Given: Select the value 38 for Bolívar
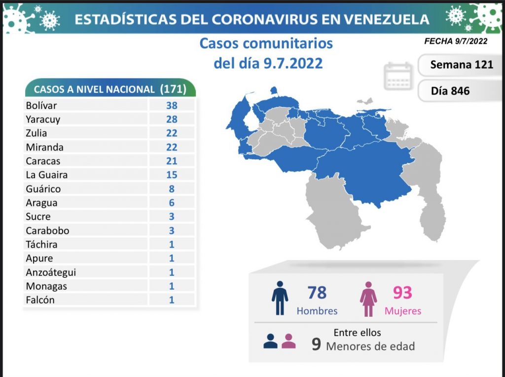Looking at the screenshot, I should (x=172, y=105).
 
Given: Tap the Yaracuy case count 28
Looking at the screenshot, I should (x=172, y=119).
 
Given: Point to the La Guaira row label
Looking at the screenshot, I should (x=47, y=175).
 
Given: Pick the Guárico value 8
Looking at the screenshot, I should (x=172, y=188).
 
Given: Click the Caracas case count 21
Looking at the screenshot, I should (x=172, y=161).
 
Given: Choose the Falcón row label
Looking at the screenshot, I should (x=40, y=300).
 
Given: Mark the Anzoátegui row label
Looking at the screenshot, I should (x=51, y=272).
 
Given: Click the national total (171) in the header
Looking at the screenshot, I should (x=173, y=89).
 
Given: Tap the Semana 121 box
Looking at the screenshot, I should (x=461, y=65).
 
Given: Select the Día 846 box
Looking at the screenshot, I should (x=450, y=91).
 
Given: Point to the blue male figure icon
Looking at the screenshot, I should (x=280, y=298).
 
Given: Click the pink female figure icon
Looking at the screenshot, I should (x=368, y=298).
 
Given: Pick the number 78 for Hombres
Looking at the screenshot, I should (x=317, y=293).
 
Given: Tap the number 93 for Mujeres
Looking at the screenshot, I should (x=402, y=293).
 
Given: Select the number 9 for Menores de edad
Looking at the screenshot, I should (x=316, y=344).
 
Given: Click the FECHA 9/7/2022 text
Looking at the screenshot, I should (x=456, y=41).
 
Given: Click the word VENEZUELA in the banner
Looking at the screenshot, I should (x=386, y=19).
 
